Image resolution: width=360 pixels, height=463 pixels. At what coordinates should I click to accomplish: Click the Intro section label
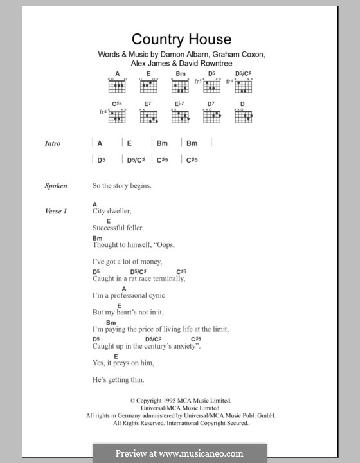(53, 143)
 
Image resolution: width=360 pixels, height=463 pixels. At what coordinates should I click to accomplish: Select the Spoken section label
(55, 186)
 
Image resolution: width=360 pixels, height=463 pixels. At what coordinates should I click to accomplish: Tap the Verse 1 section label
(56, 211)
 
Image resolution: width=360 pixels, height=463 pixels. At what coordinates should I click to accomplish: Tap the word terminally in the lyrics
(165, 278)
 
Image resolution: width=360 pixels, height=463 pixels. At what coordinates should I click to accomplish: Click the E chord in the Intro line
(129, 143)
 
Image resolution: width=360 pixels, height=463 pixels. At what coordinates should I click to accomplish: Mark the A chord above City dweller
(94, 204)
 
